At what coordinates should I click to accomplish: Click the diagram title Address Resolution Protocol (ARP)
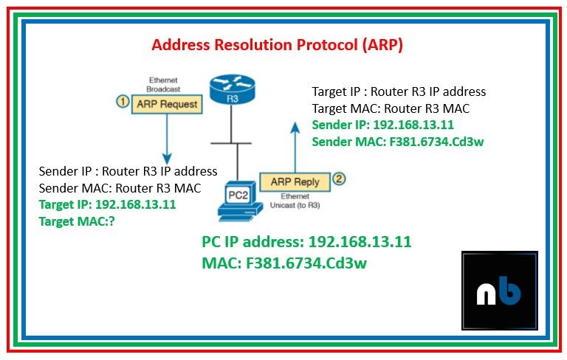277,45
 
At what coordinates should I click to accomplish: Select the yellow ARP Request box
168,105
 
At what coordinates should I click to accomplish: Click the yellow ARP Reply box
295,180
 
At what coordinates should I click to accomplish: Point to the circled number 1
123,103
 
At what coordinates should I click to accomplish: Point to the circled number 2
339,179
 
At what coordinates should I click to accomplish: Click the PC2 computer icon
238,198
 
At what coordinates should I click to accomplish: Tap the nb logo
500,291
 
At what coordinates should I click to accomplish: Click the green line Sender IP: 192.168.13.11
382,124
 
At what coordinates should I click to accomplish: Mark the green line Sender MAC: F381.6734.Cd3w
398,141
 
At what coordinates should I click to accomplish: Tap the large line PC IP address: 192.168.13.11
306,242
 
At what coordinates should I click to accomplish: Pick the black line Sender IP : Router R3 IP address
128,171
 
